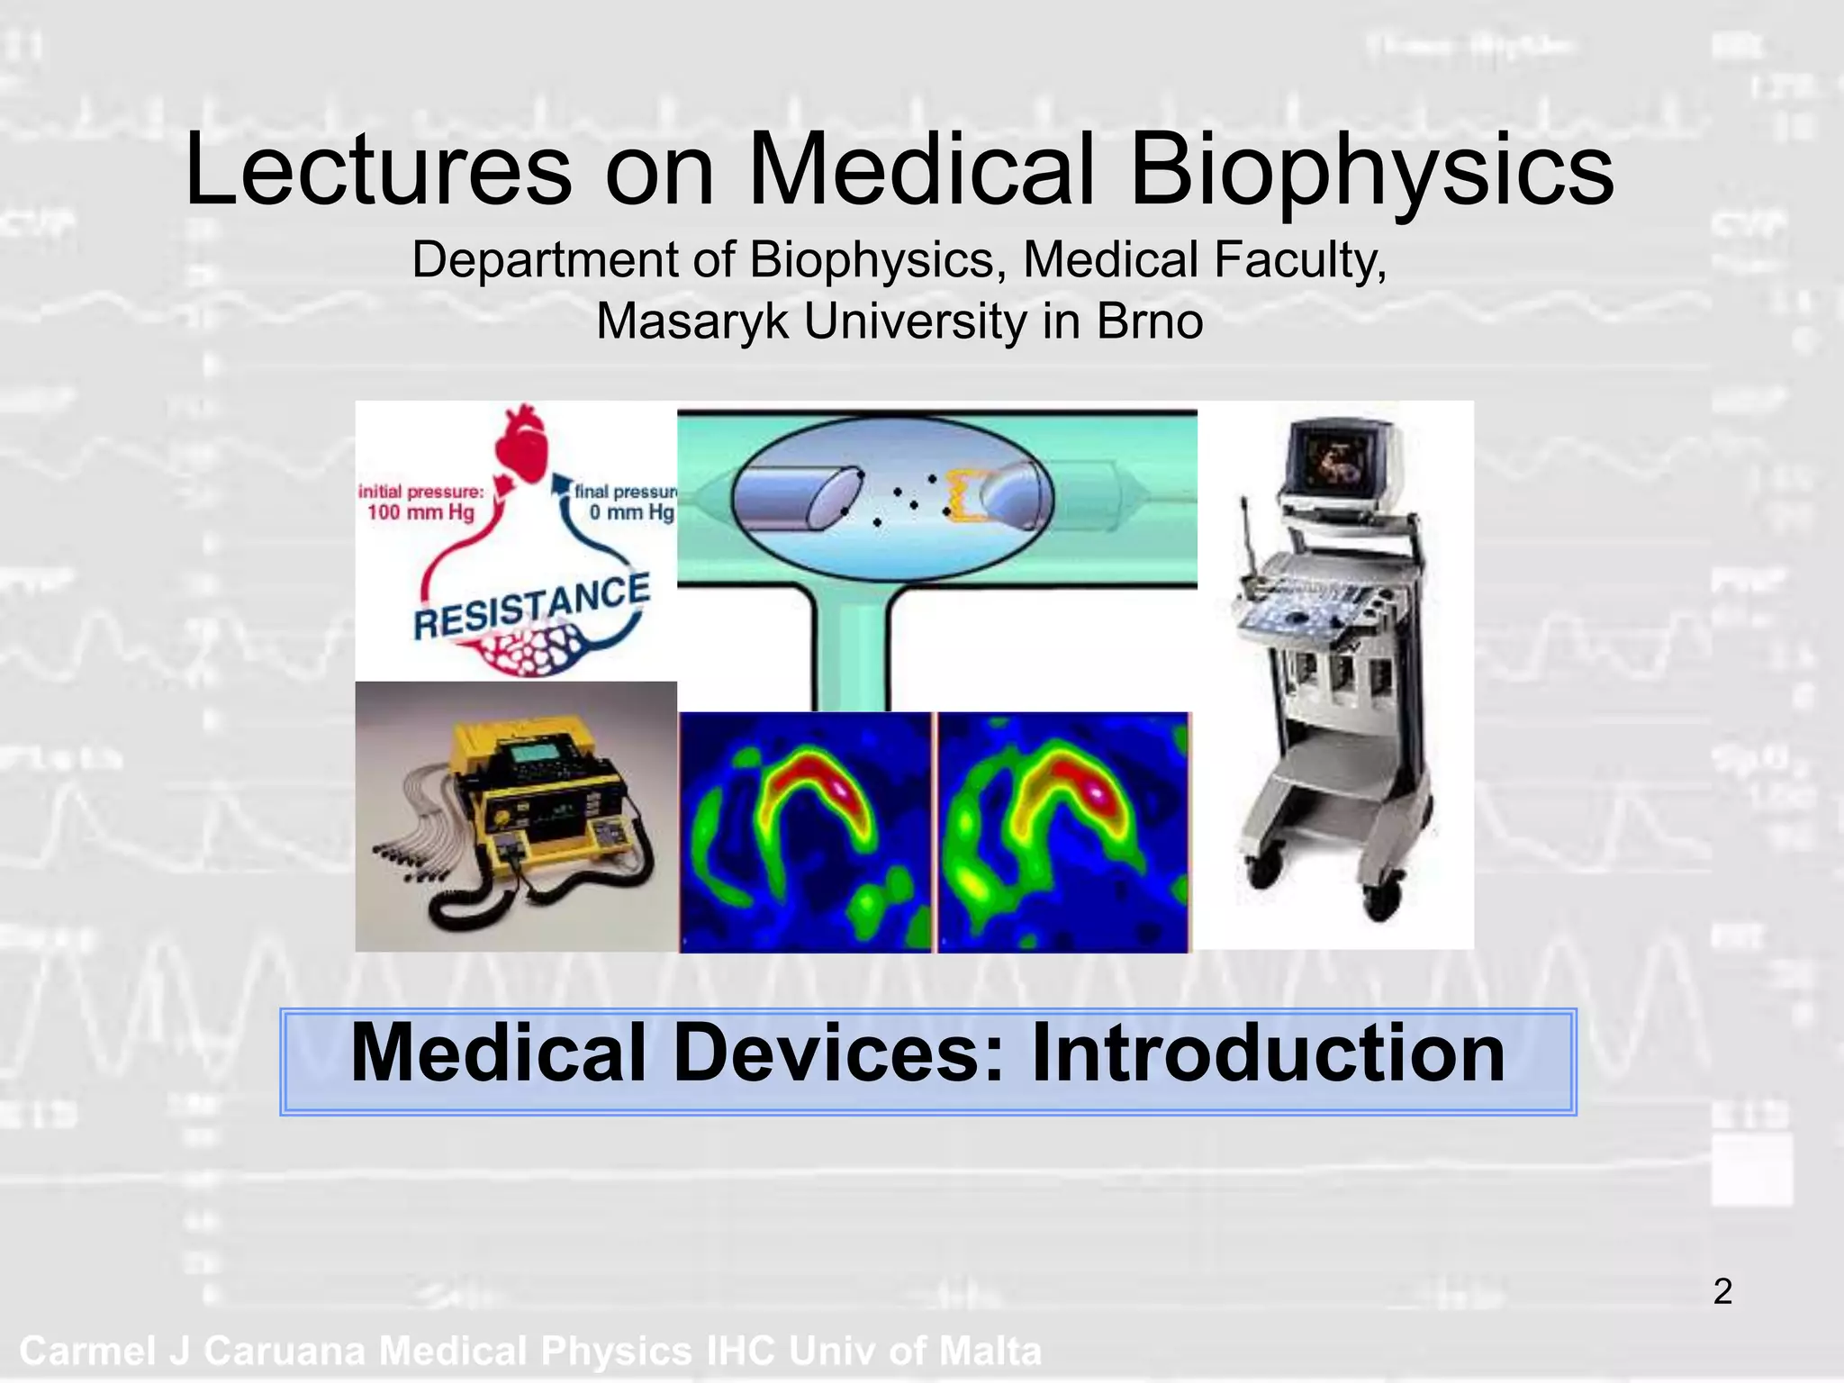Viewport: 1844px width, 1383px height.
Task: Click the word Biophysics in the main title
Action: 1370,171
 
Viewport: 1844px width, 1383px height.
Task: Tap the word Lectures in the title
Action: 378,171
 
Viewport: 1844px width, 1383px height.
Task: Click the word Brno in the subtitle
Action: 1149,321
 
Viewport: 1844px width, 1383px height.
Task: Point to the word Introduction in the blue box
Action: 1268,1054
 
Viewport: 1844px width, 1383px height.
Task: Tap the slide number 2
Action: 1722,1292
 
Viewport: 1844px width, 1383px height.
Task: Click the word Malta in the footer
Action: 990,1351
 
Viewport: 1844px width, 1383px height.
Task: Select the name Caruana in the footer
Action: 283,1351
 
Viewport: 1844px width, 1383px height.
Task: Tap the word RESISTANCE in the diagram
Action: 531,607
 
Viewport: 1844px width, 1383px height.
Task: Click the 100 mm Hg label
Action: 420,513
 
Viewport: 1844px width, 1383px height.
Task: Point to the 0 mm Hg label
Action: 631,513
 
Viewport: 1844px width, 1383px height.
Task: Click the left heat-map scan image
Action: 805,832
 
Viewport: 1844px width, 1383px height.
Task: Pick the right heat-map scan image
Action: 1063,832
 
